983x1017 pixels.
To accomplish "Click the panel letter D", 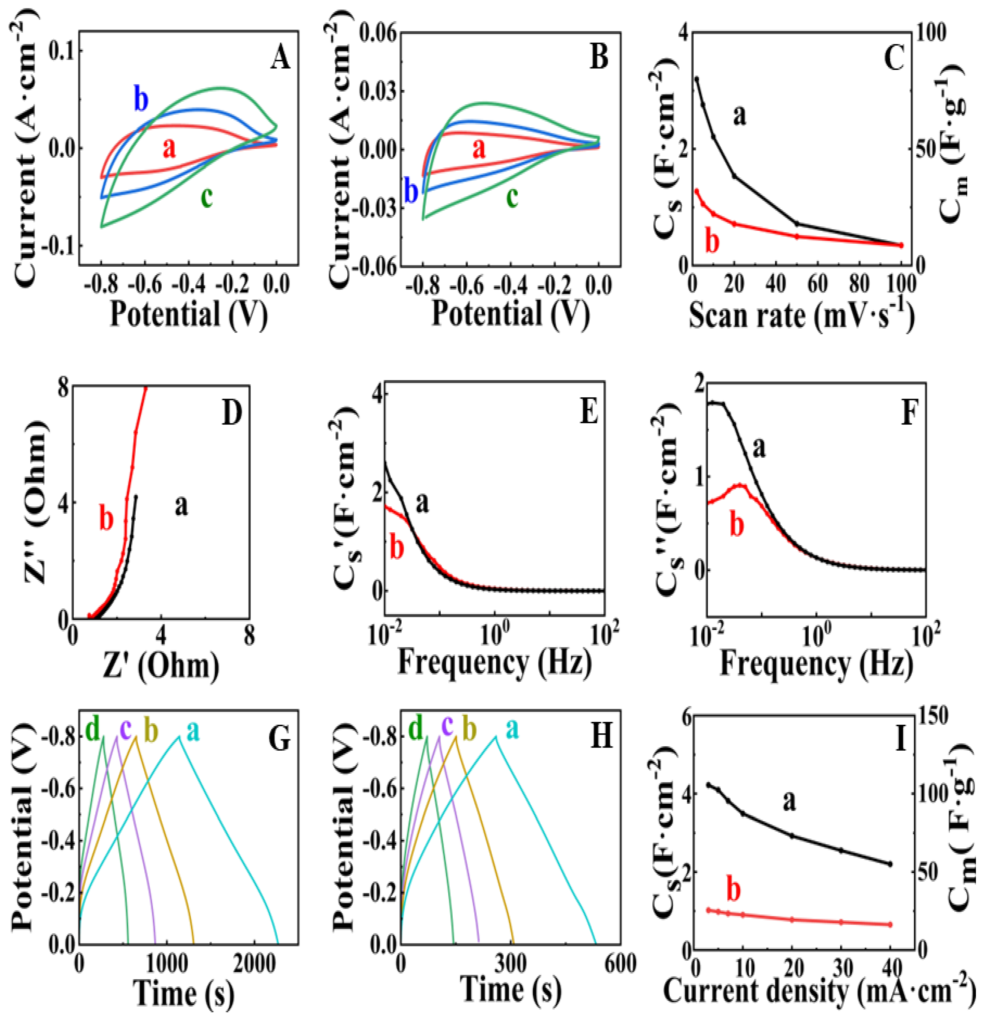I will point(231,413).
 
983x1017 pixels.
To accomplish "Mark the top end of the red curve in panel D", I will point(146,387).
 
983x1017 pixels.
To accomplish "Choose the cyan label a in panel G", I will point(193,731).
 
